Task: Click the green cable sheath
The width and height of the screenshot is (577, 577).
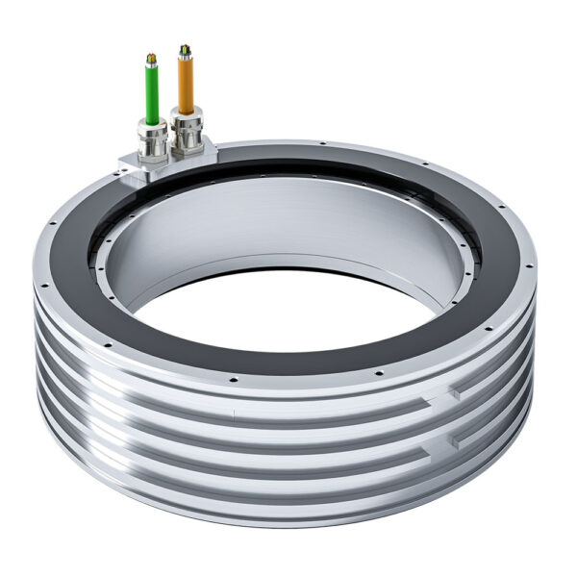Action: tap(151, 90)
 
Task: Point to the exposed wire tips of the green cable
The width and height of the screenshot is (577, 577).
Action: tap(150, 59)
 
